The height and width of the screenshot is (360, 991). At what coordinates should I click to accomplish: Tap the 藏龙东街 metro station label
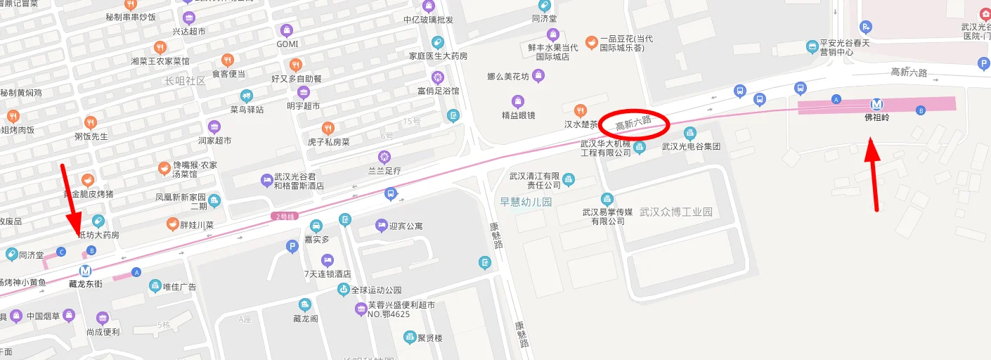[x=86, y=283]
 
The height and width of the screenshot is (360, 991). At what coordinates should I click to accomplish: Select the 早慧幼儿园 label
[x=526, y=202]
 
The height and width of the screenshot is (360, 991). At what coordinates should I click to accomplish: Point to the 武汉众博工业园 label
[x=676, y=212]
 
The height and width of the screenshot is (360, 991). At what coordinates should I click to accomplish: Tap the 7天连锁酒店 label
[x=328, y=274]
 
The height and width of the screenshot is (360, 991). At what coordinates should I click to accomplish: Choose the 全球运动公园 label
[x=376, y=290]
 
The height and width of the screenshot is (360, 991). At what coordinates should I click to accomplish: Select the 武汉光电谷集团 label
[x=691, y=146]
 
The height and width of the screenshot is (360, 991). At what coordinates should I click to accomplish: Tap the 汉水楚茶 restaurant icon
[x=580, y=110]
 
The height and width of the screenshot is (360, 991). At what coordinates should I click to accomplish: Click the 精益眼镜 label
[x=518, y=115]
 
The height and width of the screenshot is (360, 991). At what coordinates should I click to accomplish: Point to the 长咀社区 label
[x=185, y=81]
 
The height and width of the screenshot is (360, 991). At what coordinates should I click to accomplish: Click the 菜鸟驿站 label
[x=246, y=109]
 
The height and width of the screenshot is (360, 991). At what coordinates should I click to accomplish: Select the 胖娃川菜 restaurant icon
[x=172, y=224]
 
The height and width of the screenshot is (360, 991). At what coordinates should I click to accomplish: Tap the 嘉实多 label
[x=316, y=240]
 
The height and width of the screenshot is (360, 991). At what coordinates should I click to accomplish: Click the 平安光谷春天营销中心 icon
[x=812, y=47]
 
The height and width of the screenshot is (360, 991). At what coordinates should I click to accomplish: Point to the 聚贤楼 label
[x=429, y=338]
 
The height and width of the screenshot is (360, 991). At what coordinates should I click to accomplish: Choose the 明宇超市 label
[x=304, y=105]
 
